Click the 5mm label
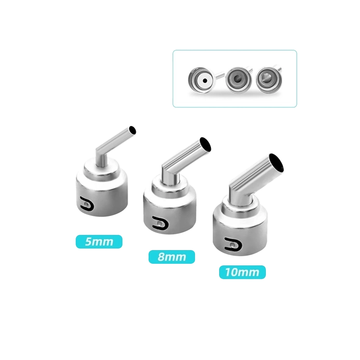coord(99,242)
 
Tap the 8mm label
coord(172,257)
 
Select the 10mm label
coord(242,272)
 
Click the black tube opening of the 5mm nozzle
coord(133,130)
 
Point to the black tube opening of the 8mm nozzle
coord(205,145)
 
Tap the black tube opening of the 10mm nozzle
coord(277,163)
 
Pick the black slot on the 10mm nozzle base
coord(233,244)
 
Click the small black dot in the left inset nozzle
coord(205,81)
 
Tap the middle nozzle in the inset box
coord(238,79)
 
